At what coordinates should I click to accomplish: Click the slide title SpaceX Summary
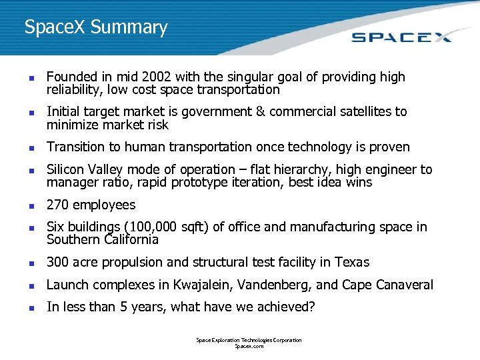tap(96, 28)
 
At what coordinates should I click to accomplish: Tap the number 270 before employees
tap(57, 205)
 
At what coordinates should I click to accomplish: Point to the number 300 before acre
tap(58, 262)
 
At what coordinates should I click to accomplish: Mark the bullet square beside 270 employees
tap(26, 206)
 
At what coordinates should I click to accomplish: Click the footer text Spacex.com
tap(249, 347)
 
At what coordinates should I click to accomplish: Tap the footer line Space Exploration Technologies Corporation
tap(249, 340)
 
